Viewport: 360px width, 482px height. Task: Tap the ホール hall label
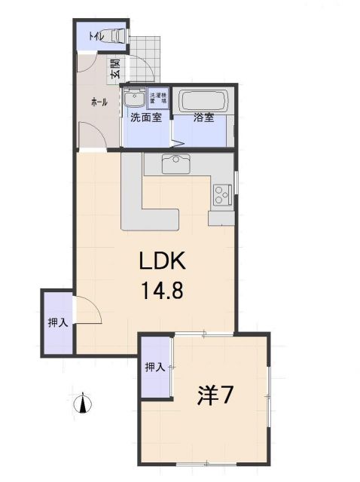(99, 101)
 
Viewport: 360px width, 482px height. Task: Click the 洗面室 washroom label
(145, 118)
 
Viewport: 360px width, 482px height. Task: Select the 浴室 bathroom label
(203, 118)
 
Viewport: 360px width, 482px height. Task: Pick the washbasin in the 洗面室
(136, 99)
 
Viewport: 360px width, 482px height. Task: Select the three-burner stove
(222, 196)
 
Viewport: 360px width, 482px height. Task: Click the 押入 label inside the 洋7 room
(155, 368)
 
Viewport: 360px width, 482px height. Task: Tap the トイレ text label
(96, 35)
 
